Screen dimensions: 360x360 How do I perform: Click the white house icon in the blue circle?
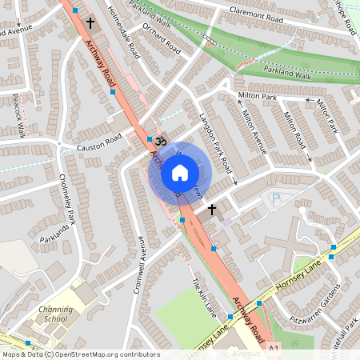click(x=179, y=172)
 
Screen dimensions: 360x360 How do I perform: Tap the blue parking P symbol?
click(x=277, y=198)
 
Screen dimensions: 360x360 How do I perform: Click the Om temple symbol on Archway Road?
click(x=158, y=140)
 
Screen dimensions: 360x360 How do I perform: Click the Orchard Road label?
click(x=160, y=35)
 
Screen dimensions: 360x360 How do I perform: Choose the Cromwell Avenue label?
click(x=142, y=264)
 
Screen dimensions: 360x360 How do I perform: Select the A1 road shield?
click(x=275, y=350)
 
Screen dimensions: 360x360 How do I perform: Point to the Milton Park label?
click(x=257, y=95)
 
